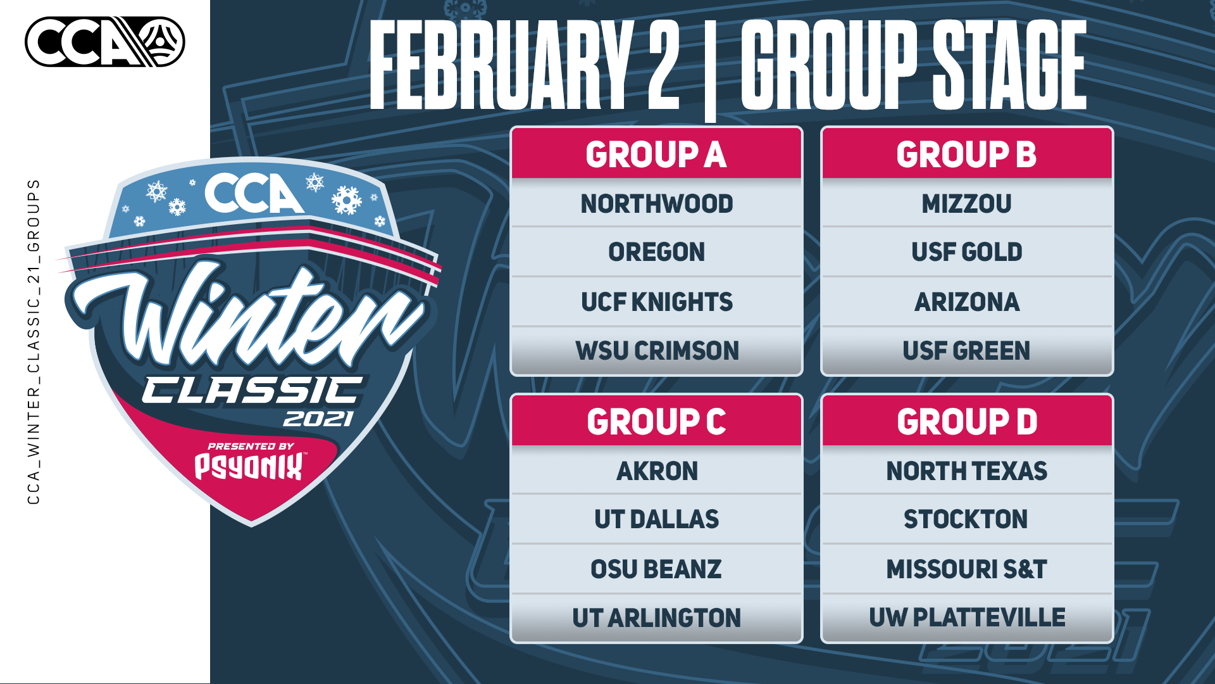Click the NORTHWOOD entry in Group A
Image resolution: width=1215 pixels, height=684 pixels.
pyautogui.click(x=657, y=204)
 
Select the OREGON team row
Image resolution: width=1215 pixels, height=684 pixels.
pyautogui.click(x=657, y=252)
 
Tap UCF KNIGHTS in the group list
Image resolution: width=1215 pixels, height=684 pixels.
pyautogui.click(x=657, y=302)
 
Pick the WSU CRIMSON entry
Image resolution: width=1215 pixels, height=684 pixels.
pyautogui.click(x=657, y=351)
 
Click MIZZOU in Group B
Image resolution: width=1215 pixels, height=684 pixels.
pyautogui.click(x=967, y=204)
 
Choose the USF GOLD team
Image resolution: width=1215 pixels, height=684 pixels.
pyautogui.click(x=967, y=252)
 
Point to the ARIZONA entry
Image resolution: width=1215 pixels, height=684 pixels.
pyautogui.click(x=967, y=302)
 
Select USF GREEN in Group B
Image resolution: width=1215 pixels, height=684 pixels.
pyautogui.click(x=967, y=351)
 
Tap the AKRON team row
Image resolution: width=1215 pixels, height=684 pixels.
pyautogui.click(x=657, y=471)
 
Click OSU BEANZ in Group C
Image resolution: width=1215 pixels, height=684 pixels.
pyautogui.click(x=657, y=569)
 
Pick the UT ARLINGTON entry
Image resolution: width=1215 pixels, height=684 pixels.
pyautogui.click(x=657, y=618)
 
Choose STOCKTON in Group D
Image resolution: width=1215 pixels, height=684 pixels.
pyautogui.click(x=966, y=519)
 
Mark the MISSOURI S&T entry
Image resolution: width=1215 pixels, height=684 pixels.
pyautogui.click(x=967, y=569)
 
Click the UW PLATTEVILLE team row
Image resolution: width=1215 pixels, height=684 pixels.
pyautogui.click(x=967, y=617)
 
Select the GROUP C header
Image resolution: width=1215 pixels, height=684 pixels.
pyautogui.click(x=657, y=422)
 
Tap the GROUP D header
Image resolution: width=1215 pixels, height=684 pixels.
pyautogui.click(x=967, y=422)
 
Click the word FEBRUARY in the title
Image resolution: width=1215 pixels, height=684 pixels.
pyautogui.click(x=502, y=65)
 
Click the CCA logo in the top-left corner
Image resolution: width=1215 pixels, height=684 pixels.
pyautogui.click(x=105, y=42)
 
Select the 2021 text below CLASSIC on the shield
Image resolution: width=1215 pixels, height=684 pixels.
pyautogui.click(x=318, y=419)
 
